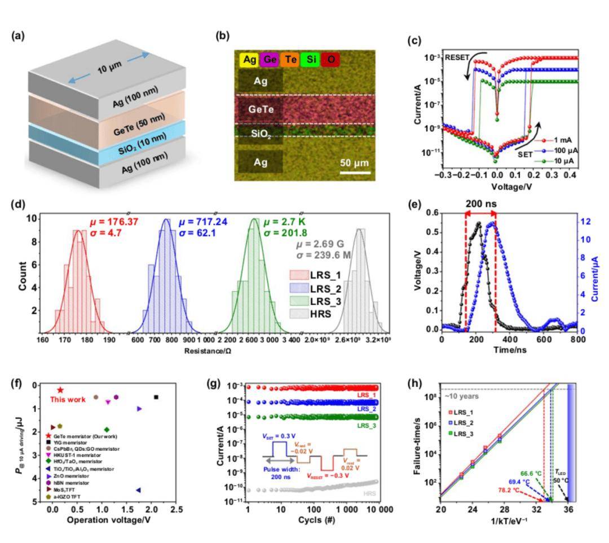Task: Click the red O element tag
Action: pos(330,59)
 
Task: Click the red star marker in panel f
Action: pos(60,390)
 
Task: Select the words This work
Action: pos(69,400)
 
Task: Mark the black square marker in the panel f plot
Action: pos(156,397)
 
